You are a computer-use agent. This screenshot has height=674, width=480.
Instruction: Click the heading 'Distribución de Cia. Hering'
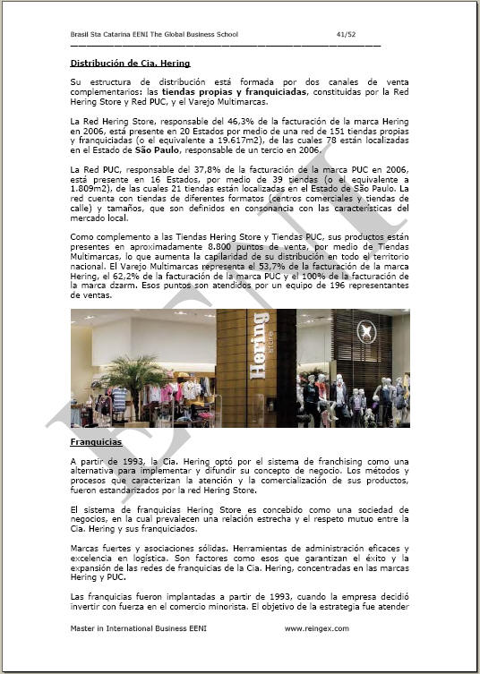pyautogui.click(x=130, y=64)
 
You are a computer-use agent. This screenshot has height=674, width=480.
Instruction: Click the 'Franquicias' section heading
pyautogui.click(x=96, y=442)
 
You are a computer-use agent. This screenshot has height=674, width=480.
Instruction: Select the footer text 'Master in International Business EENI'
pyautogui.click(x=135, y=628)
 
